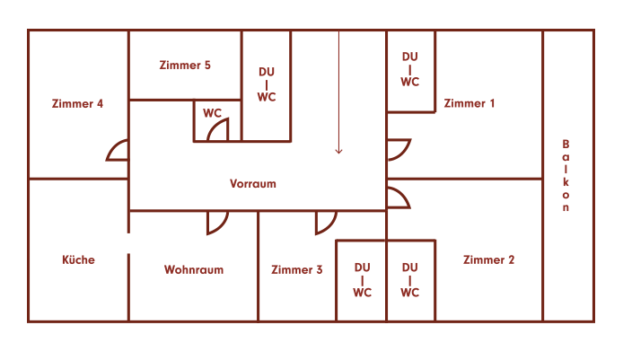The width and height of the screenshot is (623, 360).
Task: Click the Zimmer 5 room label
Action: [184, 66]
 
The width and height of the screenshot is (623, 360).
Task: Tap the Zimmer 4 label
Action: [77, 103]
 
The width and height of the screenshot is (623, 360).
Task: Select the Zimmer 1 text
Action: [469, 103]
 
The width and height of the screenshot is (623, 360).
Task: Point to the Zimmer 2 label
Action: [488, 260]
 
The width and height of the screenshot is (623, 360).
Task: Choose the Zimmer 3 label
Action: [296, 269]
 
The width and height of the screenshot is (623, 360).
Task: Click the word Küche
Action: [78, 260]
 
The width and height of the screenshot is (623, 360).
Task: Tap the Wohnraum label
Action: [193, 269]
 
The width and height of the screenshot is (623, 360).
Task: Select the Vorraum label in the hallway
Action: [253, 184]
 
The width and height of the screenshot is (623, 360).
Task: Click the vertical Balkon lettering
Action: [566, 176]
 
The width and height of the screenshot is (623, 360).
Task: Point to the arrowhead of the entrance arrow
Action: [338, 151]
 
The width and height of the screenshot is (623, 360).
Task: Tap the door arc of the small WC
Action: [218, 132]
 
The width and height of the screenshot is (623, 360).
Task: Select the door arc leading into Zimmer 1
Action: [399, 150]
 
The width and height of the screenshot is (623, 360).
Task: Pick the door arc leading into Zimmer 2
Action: [398, 198]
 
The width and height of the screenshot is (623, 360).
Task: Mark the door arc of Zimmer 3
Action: [325, 223]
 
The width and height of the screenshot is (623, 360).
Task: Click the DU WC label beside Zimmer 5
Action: [267, 84]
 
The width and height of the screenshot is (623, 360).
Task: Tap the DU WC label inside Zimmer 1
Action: [409, 69]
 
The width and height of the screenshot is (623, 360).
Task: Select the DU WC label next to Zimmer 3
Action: [362, 279]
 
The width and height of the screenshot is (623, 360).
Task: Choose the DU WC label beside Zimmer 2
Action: [409, 279]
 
